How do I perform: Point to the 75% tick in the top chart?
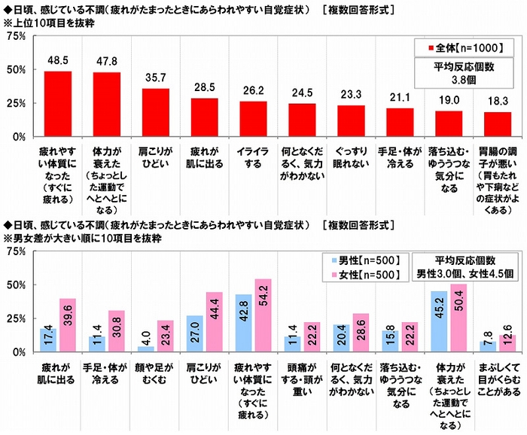click(16, 36)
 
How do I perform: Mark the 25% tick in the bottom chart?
click(16, 319)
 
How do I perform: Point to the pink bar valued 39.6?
click(69, 325)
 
